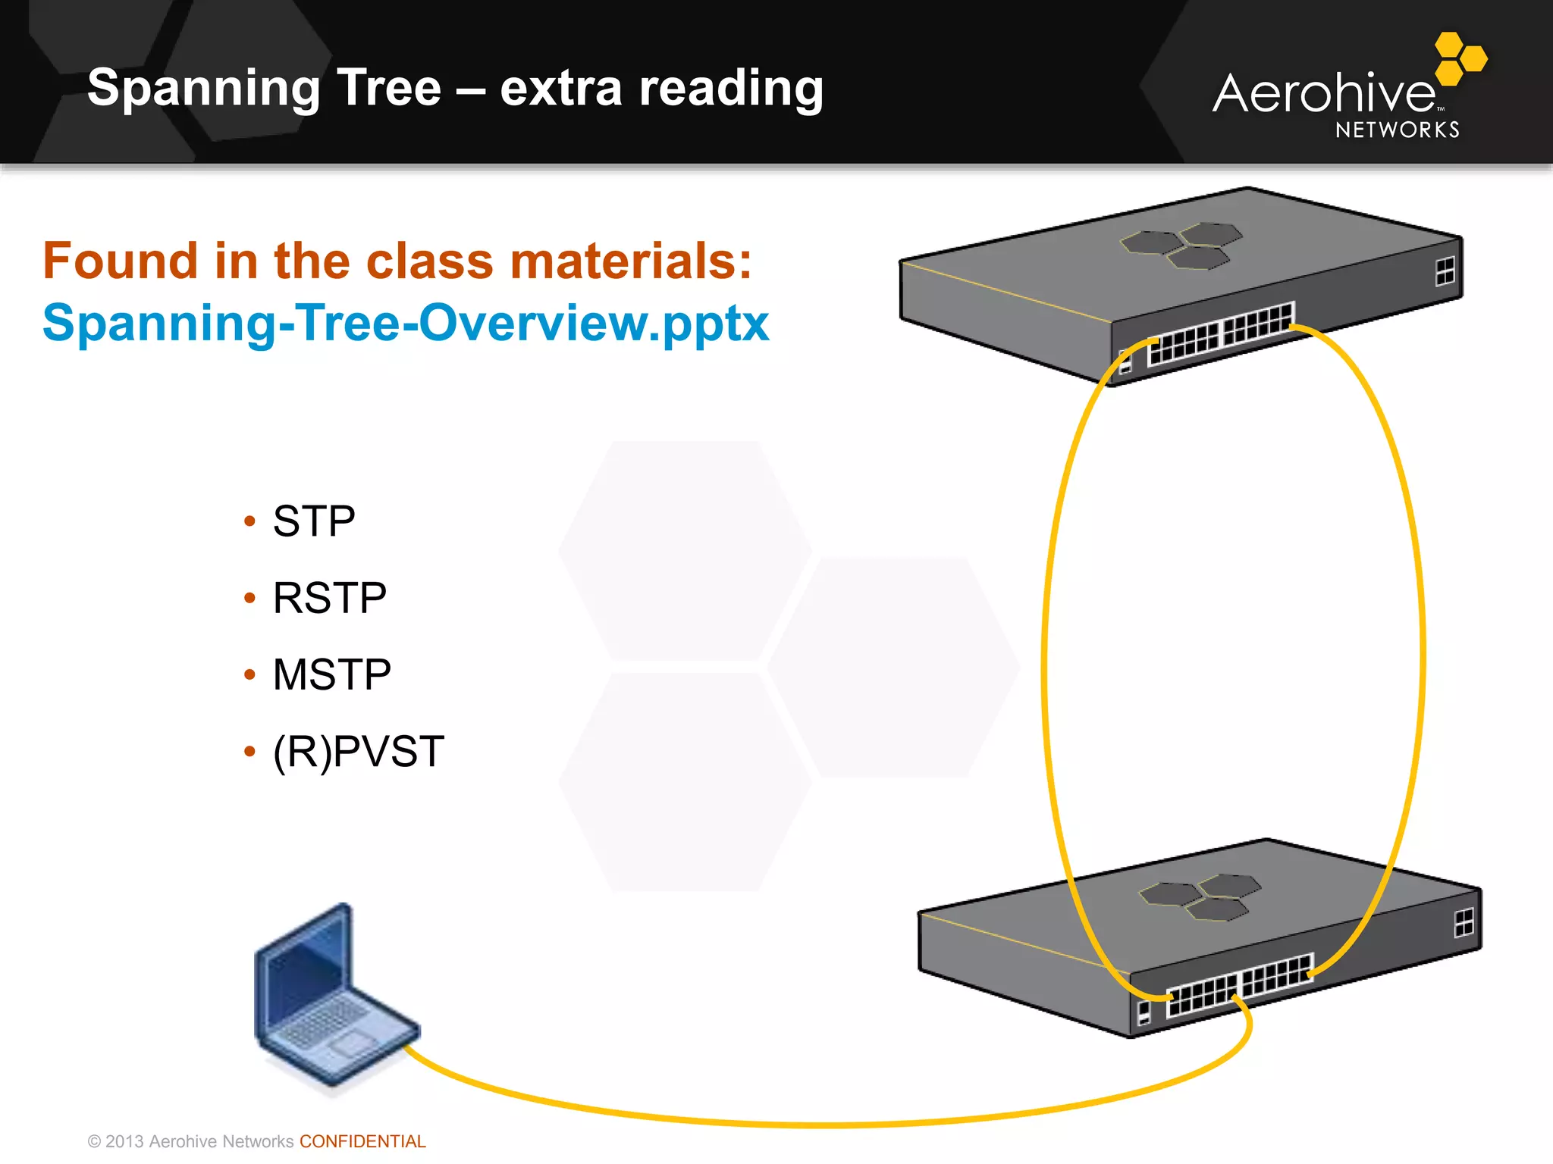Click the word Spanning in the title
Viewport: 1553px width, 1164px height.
(204, 89)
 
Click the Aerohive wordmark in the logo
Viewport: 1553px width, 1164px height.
(1323, 94)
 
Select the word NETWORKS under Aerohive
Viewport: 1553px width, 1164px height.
(1397, 130)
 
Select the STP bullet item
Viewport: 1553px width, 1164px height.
(313, 521)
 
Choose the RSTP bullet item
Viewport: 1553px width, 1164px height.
(329, 598)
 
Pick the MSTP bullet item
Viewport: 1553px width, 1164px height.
(331, 674)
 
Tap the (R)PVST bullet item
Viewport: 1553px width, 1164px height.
(358, 752)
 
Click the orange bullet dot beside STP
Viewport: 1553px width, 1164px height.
(249, 521)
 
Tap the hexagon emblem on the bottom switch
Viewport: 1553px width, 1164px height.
(1200, 896)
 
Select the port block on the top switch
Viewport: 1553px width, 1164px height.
(1221, 333)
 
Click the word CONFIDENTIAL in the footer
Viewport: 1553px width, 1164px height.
(362, 1141)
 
